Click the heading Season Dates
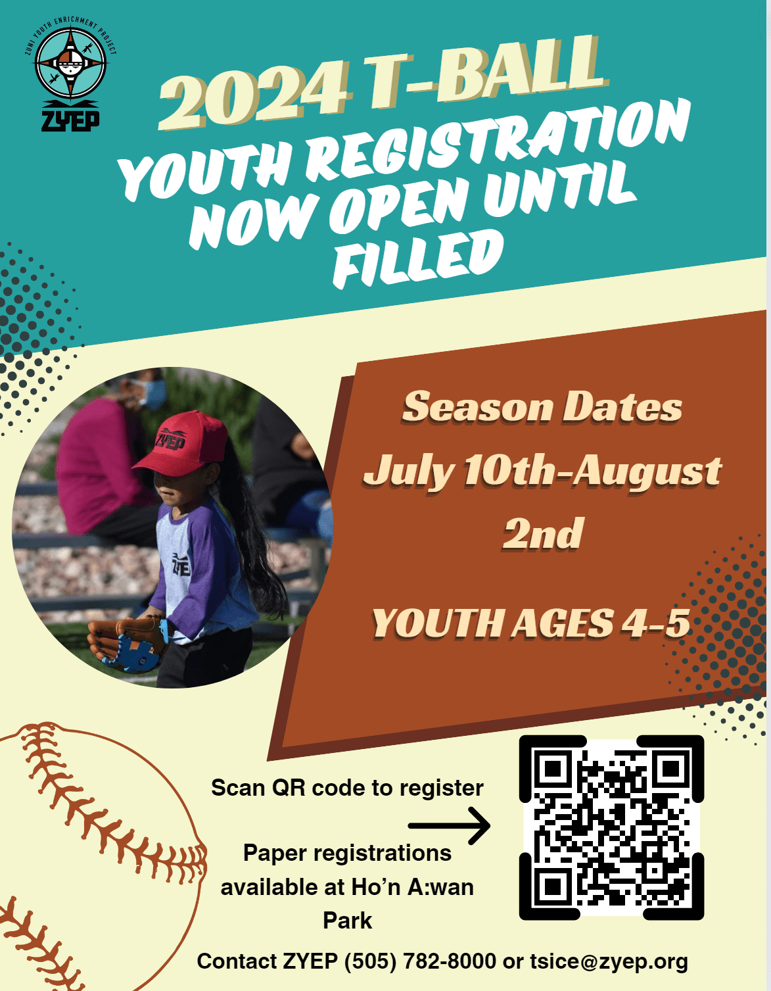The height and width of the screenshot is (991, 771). pos(542,407)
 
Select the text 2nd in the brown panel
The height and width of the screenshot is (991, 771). pos(542,533)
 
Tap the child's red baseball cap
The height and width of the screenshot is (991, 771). pos(181,443)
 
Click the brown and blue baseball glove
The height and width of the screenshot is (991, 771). pos(126,644)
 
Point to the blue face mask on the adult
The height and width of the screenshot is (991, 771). pos(153,395)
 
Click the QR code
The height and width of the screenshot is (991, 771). pos(611,828)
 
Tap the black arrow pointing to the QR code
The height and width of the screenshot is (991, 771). pos(449,825)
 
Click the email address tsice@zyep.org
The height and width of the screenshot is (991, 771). pos(609,961)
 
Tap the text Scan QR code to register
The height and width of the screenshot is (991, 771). pos(347,788)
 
